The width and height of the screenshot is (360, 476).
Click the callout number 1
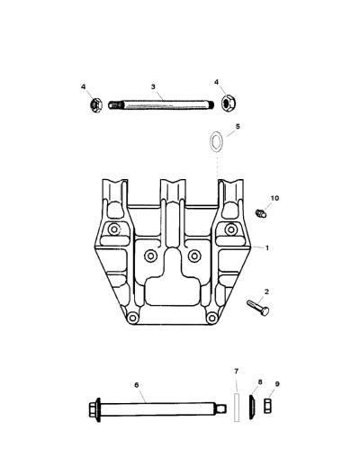coord(267,248)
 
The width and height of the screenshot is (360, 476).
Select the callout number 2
coord(266,292)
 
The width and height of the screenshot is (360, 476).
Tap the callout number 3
coord(153,86)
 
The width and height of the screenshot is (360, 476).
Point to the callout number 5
coord(238,126)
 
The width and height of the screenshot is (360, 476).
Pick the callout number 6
coord(137,385)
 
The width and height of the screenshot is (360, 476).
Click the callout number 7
coord(237,371)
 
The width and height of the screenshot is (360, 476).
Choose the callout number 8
coord(260,382)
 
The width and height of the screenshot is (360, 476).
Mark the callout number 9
coord(277,384)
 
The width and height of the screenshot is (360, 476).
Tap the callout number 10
coord(274,198)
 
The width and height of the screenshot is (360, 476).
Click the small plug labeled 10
coord(261,212)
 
